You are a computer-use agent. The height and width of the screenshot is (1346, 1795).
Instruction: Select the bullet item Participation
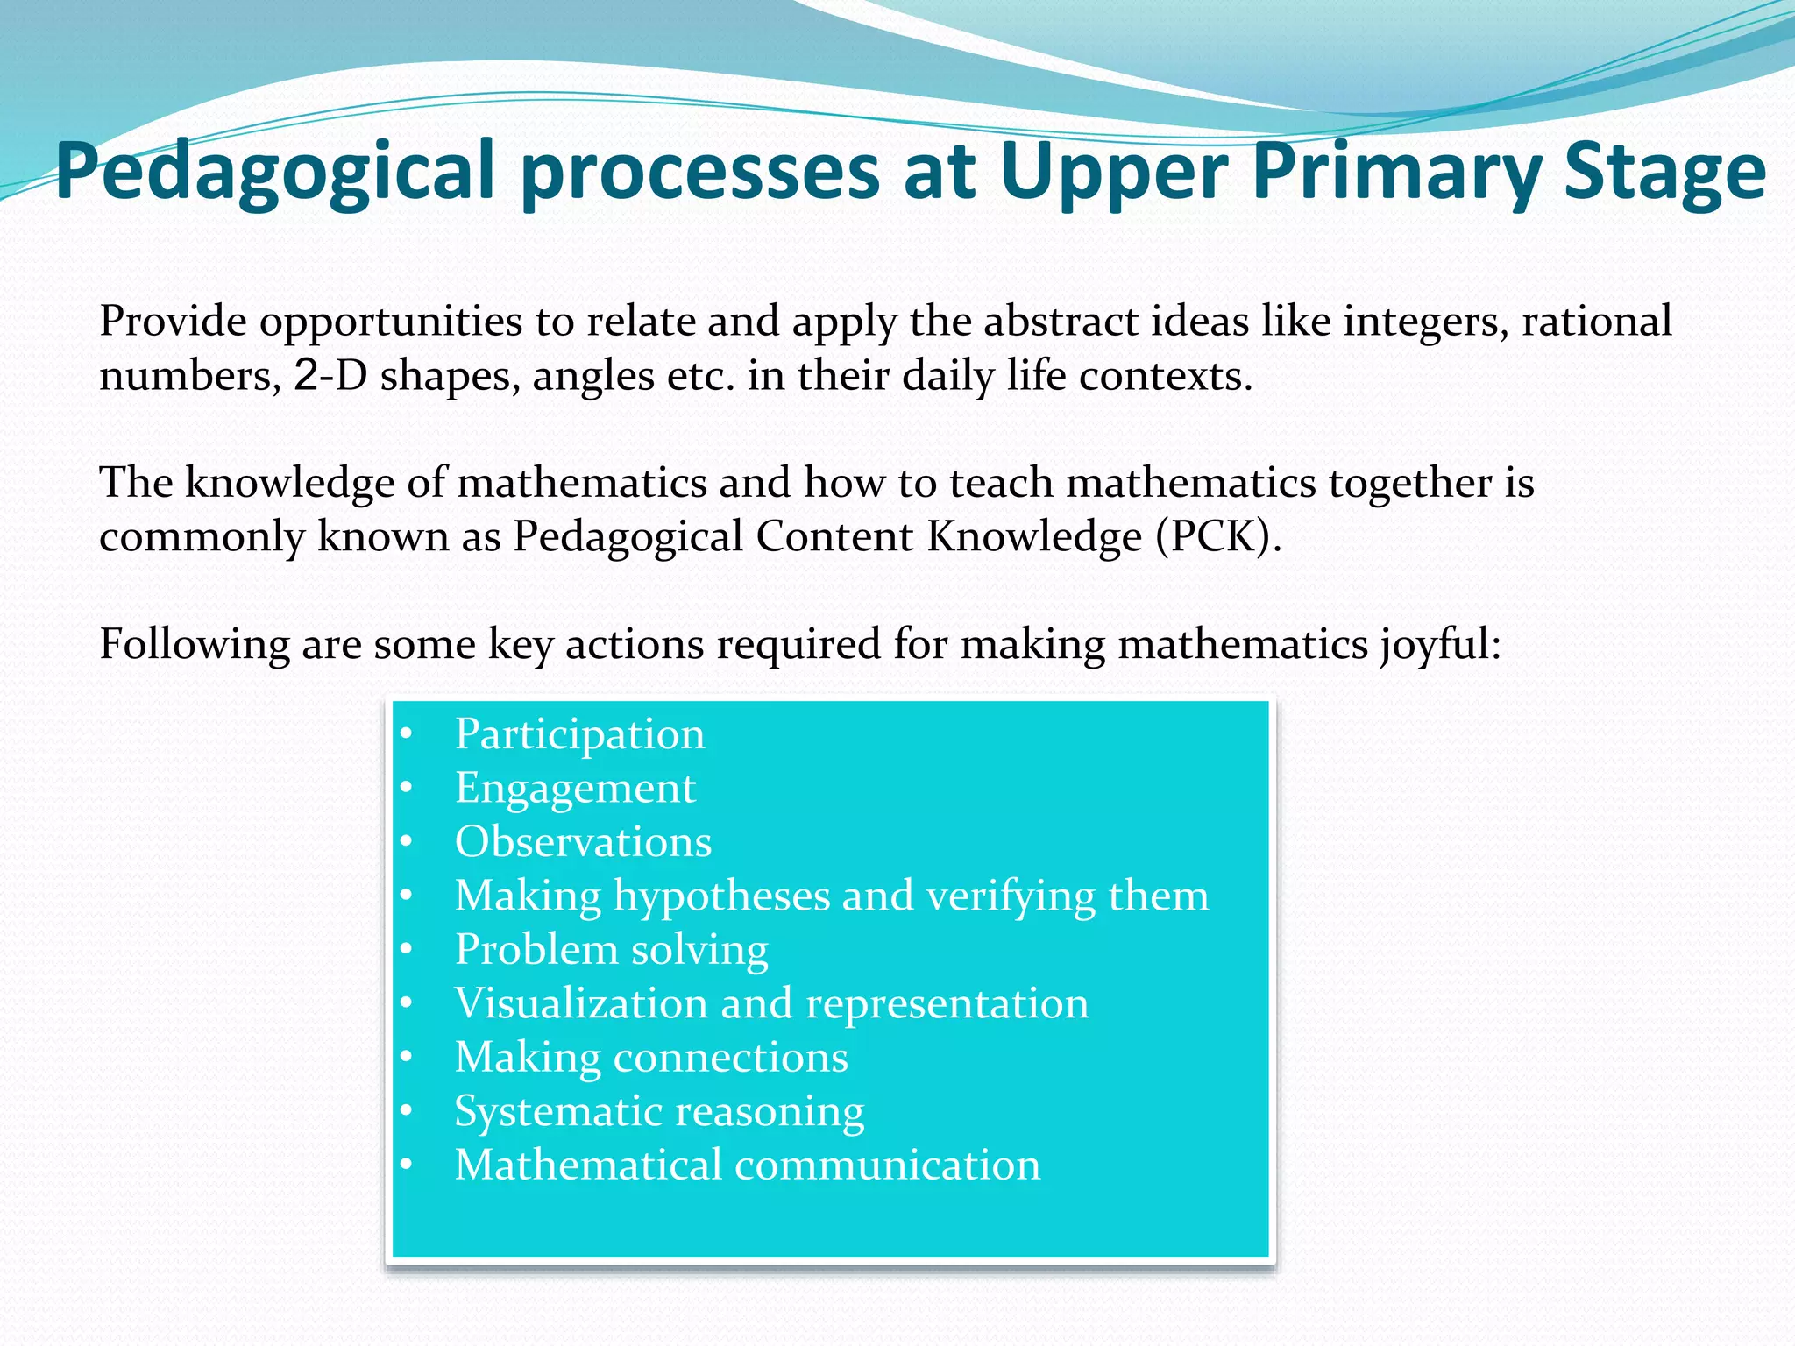[x=579, y=733]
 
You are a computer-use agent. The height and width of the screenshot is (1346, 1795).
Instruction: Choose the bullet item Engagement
[x=575, y=788]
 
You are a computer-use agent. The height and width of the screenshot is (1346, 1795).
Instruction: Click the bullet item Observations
[x=583, y=841]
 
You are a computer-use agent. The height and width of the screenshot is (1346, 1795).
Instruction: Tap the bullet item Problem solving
[x=612, y=950]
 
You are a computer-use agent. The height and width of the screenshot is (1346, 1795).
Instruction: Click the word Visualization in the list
[x=581, y=1003]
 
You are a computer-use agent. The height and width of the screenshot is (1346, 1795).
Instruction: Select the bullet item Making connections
[x=651, y=1058]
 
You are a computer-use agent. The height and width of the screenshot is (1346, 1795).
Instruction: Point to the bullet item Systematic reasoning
[x=659, y=1111]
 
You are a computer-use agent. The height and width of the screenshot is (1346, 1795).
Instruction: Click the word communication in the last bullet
[x=887, y=1165]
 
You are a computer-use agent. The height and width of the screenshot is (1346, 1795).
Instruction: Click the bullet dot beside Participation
[x=406, y=734]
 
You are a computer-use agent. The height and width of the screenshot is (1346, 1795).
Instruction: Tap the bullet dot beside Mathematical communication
[x=406, y=1165]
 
